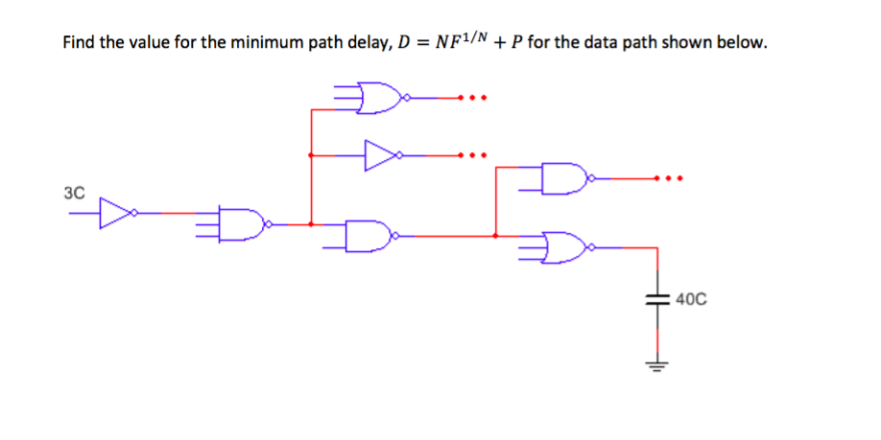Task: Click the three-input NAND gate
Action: (244, 224)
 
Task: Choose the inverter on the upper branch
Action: (380, 154)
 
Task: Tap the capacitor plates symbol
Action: (656, 299)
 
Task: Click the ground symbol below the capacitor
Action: (656, 365)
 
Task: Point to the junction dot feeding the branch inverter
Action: (310, 154)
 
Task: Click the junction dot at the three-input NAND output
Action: (310, 224)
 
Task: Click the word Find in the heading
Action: (80, 43)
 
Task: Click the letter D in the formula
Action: (398, 43)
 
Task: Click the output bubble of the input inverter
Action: (133, 213)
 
